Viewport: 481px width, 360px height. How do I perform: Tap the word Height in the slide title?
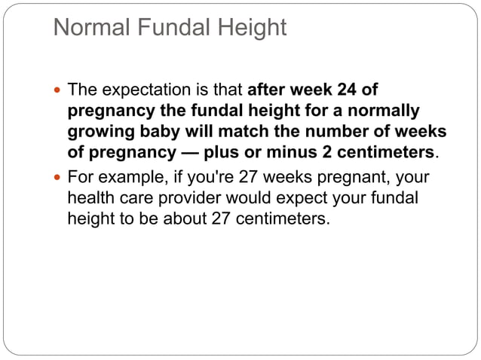click(x=249, y=28)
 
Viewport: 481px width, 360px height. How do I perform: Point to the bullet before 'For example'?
click(x=60, y=179)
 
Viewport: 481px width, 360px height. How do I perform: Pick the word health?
click(x=91, y=198)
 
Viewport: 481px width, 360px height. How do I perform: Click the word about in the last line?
click(x=186, y=219)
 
